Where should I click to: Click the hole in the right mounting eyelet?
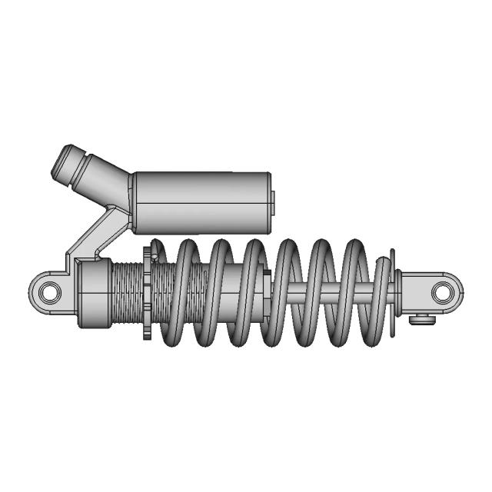pos(443,291)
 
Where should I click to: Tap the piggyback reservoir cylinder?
pos(201,201)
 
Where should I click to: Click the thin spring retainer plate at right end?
pos(393,292)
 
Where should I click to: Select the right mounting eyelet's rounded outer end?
pos(460,291)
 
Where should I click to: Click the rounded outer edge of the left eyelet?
pos(32,292)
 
